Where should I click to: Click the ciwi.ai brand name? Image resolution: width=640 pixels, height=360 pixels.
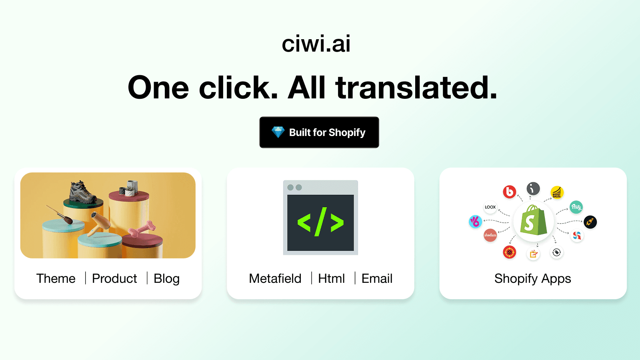click(316, 44)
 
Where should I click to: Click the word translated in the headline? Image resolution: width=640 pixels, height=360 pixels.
click(416, 88)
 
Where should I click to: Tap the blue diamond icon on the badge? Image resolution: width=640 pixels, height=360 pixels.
click(278, 132)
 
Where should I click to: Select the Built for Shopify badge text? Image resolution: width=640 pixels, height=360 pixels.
click(327, 132)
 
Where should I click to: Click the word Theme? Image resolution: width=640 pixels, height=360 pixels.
click(56, 278)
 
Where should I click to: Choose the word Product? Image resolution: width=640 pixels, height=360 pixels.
click(114, 278)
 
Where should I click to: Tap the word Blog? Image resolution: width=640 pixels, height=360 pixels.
click(166, 279)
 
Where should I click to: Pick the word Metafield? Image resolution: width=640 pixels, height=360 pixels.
click(275, 278)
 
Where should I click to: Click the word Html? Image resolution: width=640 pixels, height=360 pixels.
click(331, 278)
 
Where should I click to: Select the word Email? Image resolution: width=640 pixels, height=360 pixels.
click(377, 278)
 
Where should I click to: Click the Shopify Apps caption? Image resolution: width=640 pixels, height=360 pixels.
click(532, 279)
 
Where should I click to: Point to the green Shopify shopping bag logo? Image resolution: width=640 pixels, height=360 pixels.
click(533, 221)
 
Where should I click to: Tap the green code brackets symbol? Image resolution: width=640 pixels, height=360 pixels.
click(320, 222)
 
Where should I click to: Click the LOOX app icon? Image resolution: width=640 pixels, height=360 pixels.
click(490, 207)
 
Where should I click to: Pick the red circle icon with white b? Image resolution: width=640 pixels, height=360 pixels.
click(509, 192)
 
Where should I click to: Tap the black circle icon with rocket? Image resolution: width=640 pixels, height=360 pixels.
click(590, 222)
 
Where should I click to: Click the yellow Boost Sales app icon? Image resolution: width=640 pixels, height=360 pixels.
click(557, 192)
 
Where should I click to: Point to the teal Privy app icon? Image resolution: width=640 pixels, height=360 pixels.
click(576, 207)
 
